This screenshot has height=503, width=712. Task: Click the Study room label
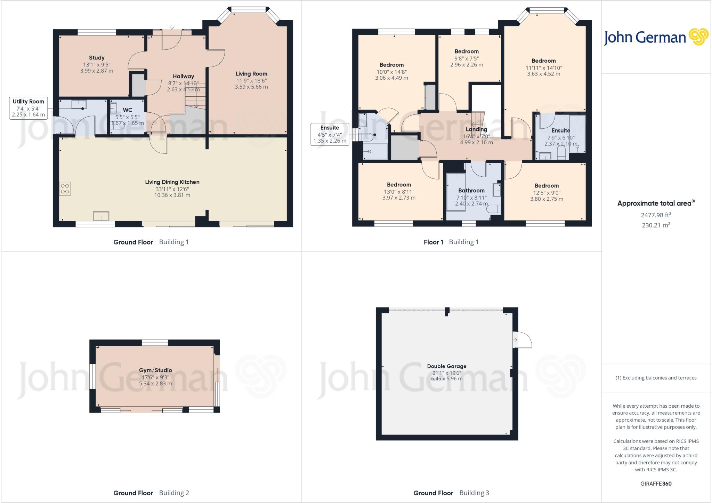[97, 58]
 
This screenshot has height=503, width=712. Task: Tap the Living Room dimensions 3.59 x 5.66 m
[251, 87]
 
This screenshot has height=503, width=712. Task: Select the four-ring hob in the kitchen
[65, 189]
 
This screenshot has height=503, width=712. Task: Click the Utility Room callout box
[29, 108]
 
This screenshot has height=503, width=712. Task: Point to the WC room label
[128, 110]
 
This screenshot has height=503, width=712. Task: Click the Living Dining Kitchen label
[172, 182]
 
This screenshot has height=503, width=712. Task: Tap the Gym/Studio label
[155, 370]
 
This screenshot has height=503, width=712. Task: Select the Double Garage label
[447, 366]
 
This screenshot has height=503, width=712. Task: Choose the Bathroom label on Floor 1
[471, 191]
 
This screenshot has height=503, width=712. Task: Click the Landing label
[476, 129]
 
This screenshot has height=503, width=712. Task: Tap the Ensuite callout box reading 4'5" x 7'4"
[330, 134]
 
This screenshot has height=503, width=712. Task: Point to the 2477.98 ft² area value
[656, 215]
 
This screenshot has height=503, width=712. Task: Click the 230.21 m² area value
[656, 225]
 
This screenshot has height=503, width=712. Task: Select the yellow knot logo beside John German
[698, 37]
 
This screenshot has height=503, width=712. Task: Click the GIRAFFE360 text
[656, 484]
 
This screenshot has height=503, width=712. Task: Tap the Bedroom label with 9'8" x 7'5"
[467, 51]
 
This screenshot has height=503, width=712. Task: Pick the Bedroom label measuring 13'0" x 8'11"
[399, 185]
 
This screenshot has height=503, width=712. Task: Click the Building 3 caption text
[474, 493]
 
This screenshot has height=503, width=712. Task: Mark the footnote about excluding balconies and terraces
[656, 378]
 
